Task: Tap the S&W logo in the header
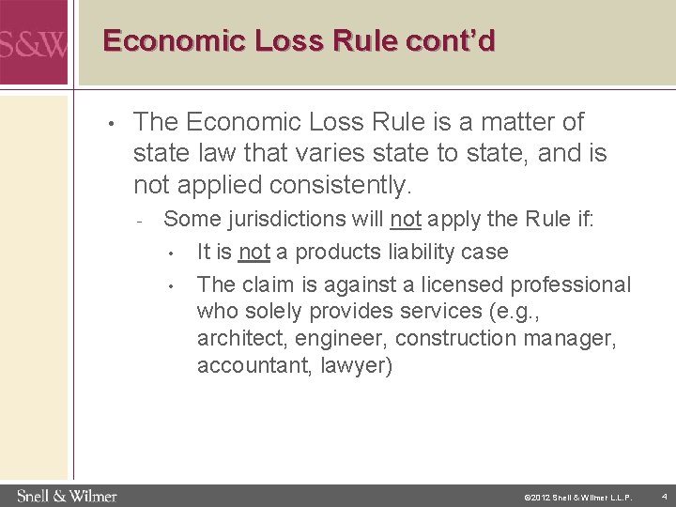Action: coord(33,44)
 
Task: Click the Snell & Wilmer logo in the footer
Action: coord(66,495)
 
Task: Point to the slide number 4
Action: coord(663,496)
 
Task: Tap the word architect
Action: coord(234,338)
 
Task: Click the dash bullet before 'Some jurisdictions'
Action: coord(139,223)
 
